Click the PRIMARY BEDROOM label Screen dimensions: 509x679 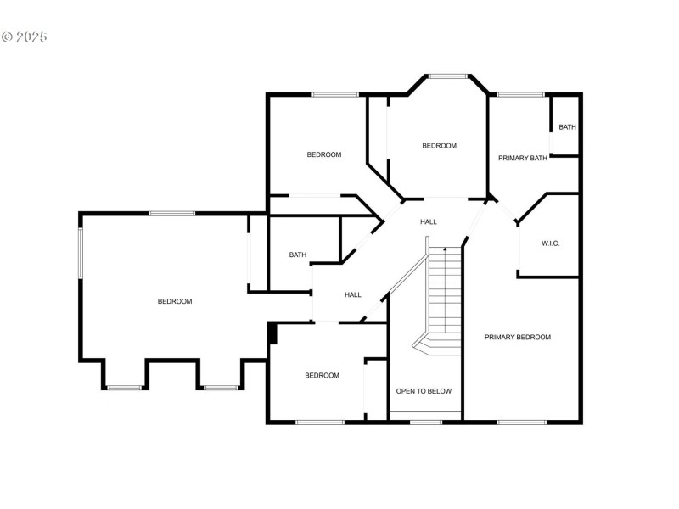(x=517, y=337)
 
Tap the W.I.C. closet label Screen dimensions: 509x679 (x=551, y=243)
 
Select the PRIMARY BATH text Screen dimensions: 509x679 (x=522, y=157)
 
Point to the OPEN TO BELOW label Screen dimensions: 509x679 (x=424, y=391)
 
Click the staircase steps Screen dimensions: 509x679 (x=444, y=293)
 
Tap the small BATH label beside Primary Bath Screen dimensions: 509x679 (x=567, y=127)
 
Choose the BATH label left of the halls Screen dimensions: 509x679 (x=297, y=255)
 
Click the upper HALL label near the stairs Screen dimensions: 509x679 (x=429, y=221)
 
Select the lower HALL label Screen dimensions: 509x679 (x=353, y=294)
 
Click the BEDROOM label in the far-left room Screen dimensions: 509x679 (x=175, y=301)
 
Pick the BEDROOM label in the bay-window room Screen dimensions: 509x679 (x=439, y=146)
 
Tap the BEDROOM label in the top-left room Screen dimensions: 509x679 (x=323, y=154)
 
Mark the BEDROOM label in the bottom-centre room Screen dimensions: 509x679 (x=322, y=375)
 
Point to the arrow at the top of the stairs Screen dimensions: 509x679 (x=444, y=249)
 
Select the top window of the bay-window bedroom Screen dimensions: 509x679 (x=447, y=76)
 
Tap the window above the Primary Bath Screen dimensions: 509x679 (x=520, y=94)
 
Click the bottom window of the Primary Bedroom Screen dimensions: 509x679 (x=521, y=422)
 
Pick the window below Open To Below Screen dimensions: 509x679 (x=425, y=422)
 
